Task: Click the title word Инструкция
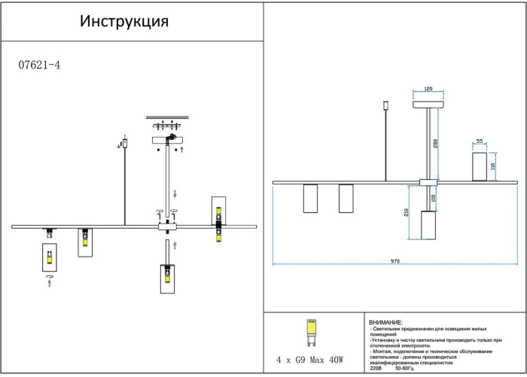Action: [x=124, y=20]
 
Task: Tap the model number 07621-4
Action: [x=38, y=65]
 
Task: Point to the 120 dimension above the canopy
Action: [x=428, y=89]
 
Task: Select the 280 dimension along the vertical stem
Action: [x=436, y=143]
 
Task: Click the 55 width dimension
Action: [x=478, y=141]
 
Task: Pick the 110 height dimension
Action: [x=494, y=166]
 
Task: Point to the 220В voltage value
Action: [x=376, y=369]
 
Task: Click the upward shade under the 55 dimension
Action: [x=478, y=166]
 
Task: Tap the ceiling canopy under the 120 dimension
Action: [x=428, y=107]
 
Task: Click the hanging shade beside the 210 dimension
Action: [x=428, y=226]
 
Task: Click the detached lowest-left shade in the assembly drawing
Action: [x=49, y=257]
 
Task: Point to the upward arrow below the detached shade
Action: [x=49, y=287]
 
